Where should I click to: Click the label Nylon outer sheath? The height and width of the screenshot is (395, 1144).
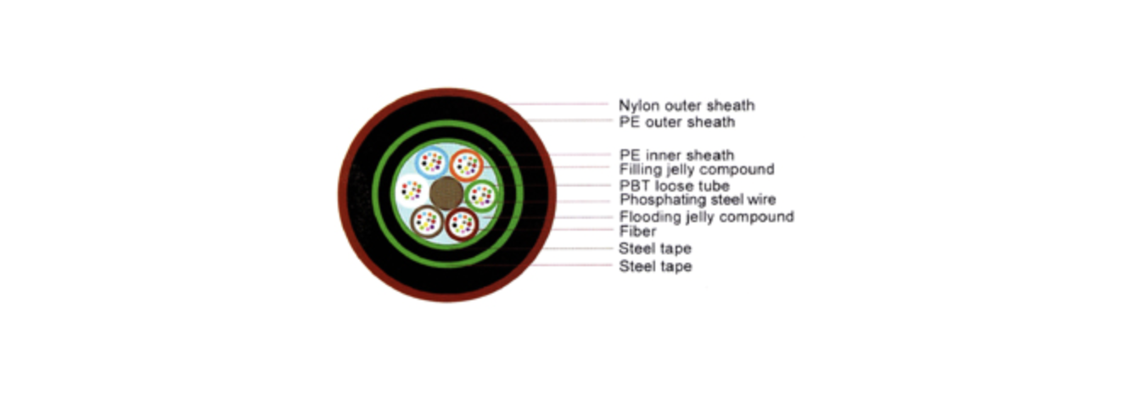687,106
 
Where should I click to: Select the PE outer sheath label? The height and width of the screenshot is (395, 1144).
676,122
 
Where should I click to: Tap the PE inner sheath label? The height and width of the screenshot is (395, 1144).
676,154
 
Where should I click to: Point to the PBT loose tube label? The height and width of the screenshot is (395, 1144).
674,186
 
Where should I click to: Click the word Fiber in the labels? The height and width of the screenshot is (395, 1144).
638,231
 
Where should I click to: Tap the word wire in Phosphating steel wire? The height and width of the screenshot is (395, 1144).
761,199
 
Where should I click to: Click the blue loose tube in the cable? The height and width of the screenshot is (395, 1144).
432,162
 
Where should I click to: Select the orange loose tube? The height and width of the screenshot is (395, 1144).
466,164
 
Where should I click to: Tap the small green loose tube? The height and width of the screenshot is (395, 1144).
481,195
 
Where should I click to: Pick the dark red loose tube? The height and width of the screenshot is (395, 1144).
463,224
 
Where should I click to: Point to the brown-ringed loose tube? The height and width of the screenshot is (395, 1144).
427,221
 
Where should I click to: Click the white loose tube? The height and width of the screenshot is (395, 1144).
412,191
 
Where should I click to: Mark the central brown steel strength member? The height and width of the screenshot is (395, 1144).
446,193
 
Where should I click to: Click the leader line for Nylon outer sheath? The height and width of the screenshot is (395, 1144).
558,103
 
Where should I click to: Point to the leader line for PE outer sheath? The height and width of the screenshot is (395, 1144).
569,120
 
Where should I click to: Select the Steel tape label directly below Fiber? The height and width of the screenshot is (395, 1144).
655,248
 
